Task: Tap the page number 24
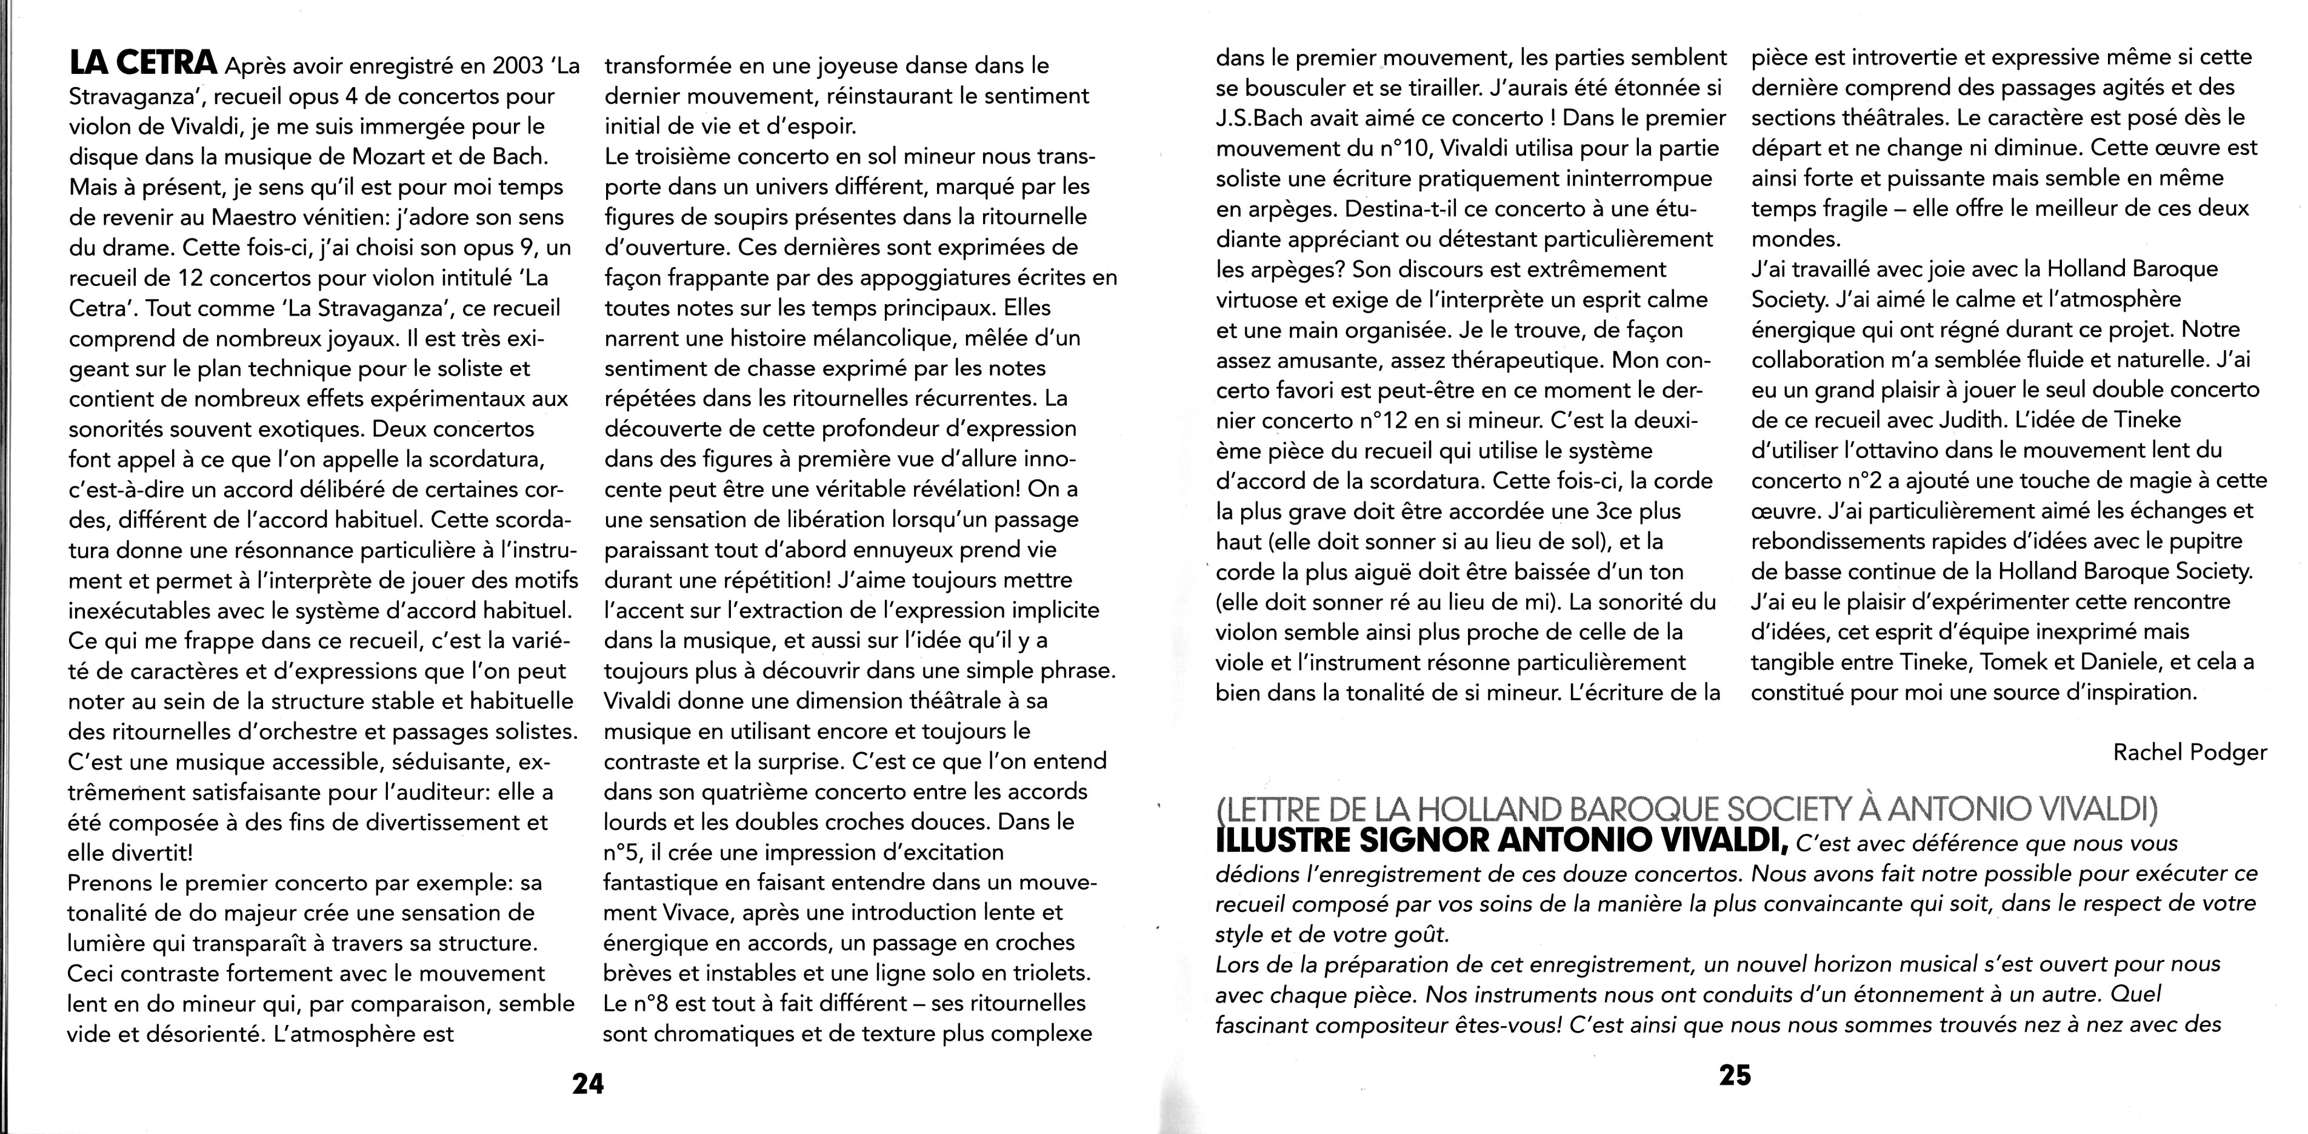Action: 588,1083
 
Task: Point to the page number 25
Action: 1735,1075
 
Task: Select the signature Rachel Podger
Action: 2190,752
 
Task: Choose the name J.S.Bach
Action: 1261,118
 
